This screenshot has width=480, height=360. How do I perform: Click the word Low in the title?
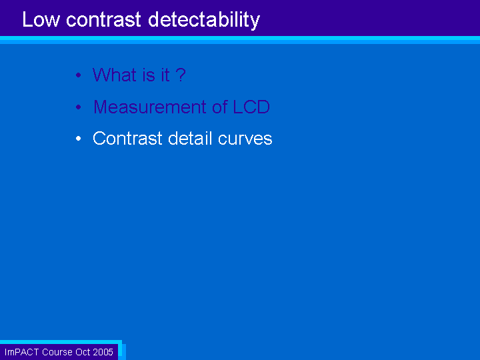[x=41, y=19]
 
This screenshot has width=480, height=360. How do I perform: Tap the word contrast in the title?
[x=104, y=19]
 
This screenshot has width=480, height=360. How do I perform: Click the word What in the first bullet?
[x=114, y=75]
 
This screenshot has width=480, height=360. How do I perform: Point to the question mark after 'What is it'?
[x=181, y=75]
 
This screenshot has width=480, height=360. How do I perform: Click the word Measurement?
[x=150, y=107]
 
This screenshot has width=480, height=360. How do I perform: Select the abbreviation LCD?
[x=251, y=107]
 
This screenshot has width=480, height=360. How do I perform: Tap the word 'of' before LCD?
[x=220, y=107]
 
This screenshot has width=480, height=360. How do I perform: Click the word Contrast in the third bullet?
[x=127, y=139]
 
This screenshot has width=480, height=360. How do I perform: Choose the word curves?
[x=245, y=139]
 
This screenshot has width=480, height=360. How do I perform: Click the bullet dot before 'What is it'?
[x=79, y=75]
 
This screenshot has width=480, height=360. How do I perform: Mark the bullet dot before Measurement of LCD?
[x=79, y=107]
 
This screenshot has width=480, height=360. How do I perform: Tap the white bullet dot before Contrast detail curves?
[x=79, y=139]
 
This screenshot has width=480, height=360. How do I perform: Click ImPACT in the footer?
[x=22, y=352]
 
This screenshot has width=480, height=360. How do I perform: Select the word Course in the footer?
[x=57, y=352]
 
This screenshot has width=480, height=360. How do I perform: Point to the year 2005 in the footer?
[x=103, y=352]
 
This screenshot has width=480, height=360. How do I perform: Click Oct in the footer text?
[x=83, y=352]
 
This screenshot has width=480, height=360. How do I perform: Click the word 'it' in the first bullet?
[x=165, y=75]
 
